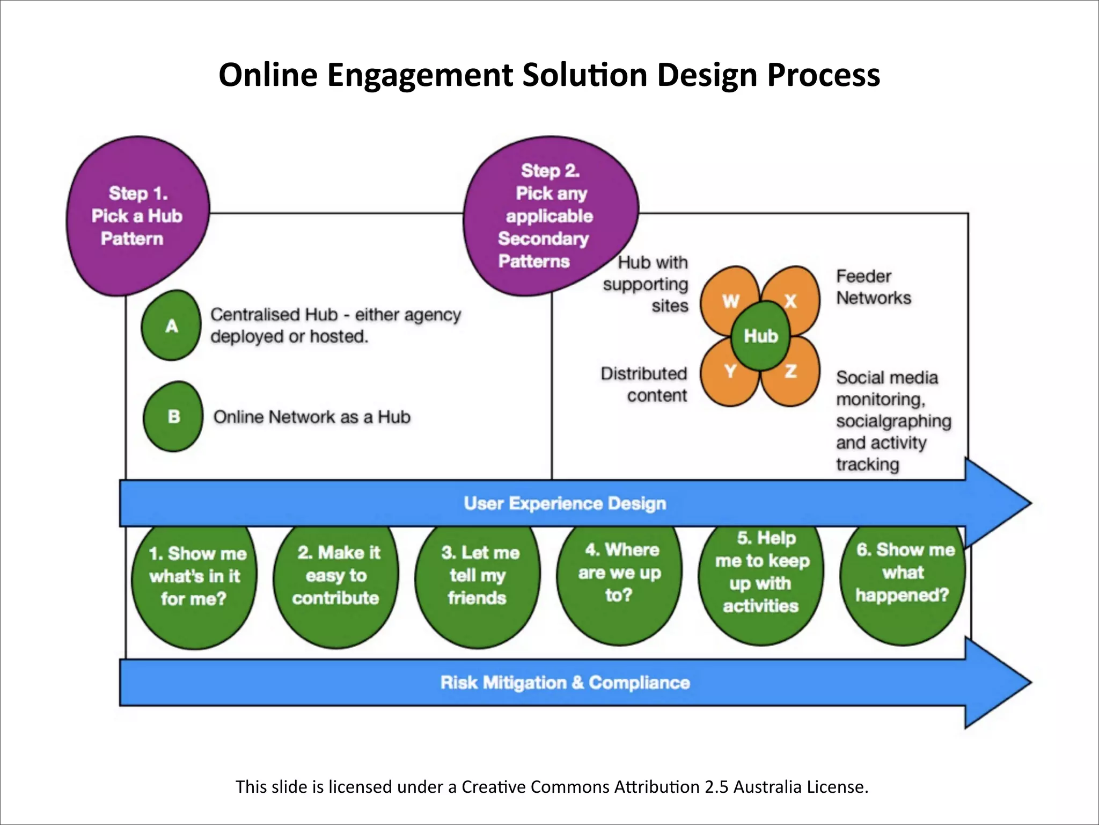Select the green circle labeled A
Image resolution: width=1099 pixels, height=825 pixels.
pos(171,325)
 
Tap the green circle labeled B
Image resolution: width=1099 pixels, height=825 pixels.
pos(173,417)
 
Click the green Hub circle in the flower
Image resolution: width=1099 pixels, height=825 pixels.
pos(760,336)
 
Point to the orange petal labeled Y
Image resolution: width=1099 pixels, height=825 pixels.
pos(729,373)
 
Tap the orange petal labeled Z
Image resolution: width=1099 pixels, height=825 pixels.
pos(792,373)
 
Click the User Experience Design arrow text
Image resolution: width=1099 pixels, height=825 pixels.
pos(565,503)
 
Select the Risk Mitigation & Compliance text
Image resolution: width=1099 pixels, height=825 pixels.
pos(565,683)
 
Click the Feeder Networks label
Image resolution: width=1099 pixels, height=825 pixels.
pos(873,287)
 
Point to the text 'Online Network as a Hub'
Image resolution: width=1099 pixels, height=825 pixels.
pos(312,417)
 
